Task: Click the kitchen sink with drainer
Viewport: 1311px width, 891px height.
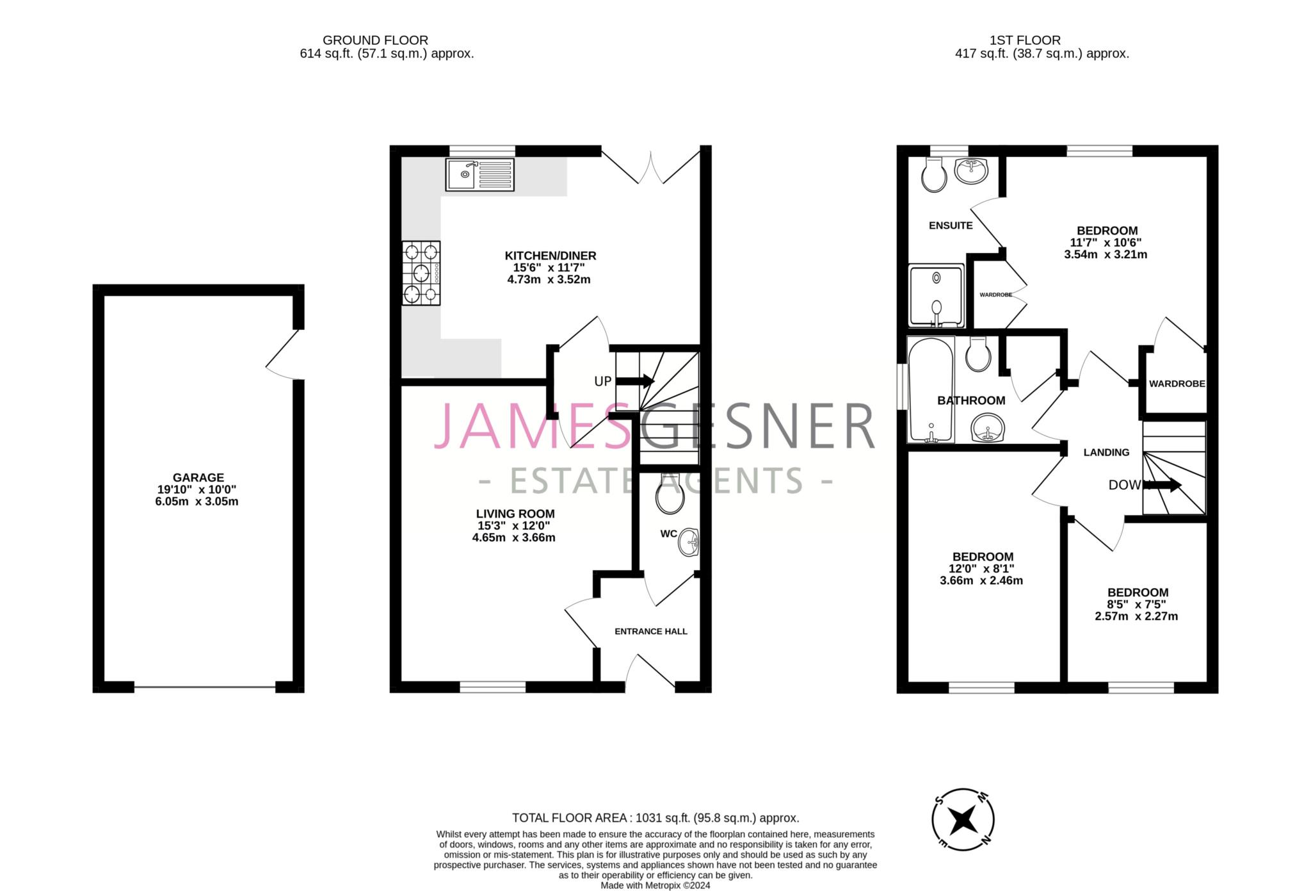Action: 479,174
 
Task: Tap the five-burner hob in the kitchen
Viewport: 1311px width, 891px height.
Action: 421,273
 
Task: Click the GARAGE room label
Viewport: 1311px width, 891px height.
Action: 198,478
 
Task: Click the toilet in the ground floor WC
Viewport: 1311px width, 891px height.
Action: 670,494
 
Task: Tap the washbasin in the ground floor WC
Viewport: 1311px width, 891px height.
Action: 689,543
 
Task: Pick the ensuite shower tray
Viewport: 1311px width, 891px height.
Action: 937,296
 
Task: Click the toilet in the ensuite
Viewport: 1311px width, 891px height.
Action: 934,174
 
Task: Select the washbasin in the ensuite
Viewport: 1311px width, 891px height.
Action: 971,170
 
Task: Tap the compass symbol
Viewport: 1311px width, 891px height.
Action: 963,820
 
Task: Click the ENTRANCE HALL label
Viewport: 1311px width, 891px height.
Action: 651,632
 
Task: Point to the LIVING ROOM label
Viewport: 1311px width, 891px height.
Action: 515,514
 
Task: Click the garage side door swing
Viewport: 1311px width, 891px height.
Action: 284,354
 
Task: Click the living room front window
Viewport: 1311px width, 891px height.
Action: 493,687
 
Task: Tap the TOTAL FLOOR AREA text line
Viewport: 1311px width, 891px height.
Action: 655,818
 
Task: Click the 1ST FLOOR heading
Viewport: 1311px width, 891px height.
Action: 1025,40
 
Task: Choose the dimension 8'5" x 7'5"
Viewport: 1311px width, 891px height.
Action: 1136,604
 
